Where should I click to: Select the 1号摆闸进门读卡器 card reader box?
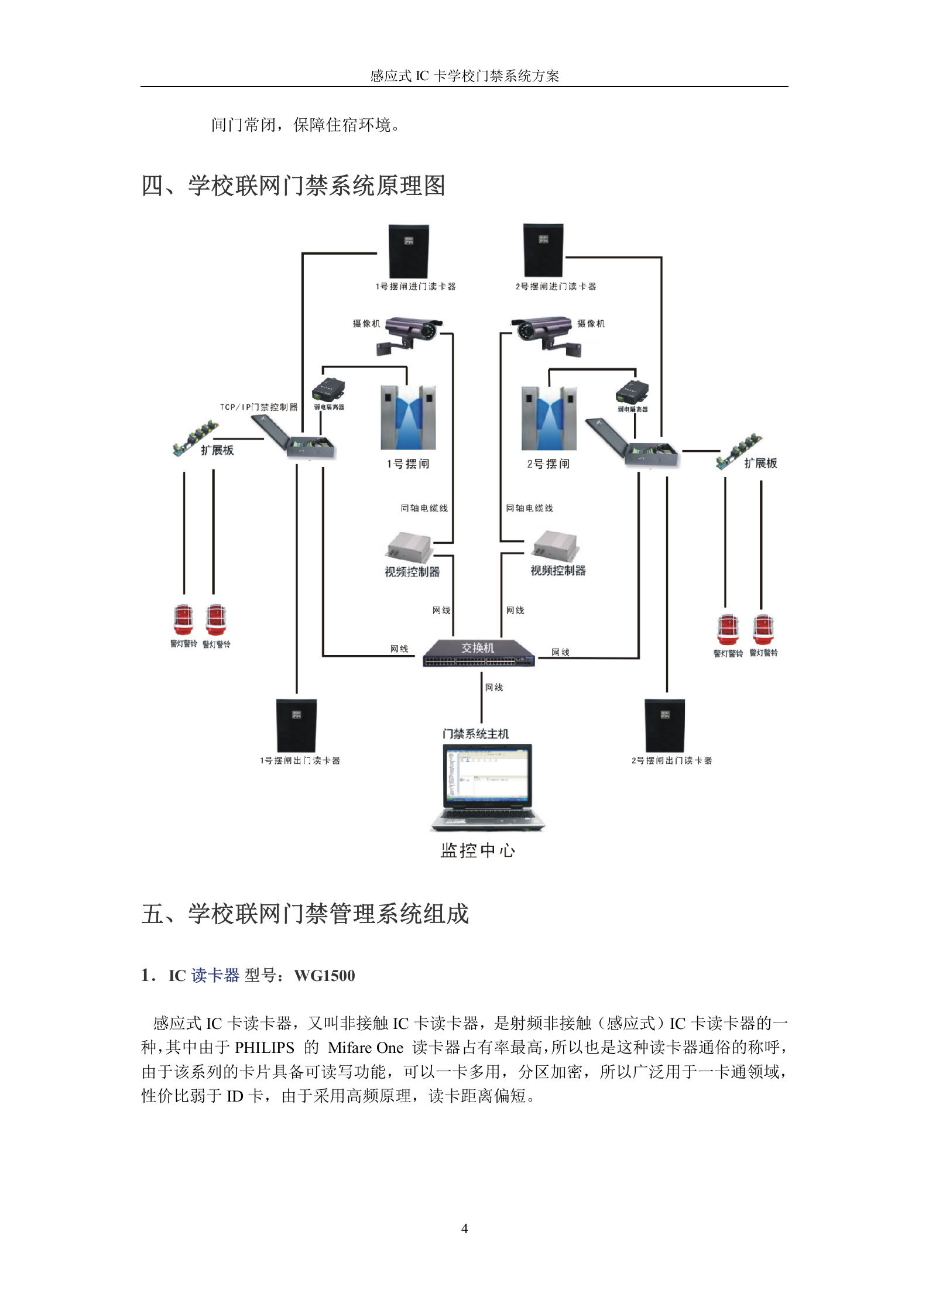(x=409, y=251)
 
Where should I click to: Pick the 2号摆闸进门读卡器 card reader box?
(x=543, y=250)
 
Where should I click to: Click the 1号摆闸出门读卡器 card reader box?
(x=296, y=725)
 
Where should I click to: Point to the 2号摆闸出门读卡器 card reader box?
(x=664, y=725)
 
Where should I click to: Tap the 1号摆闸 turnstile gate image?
(x=408, y=417)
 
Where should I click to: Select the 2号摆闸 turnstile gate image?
(x=549, y=418)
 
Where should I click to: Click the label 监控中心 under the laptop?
(x=478, y=850)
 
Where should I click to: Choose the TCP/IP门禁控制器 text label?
(x=258, y=407)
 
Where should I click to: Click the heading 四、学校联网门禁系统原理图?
(x=293, y=186)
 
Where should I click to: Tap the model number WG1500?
(x=324, y=976)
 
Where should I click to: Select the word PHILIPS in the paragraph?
(x=264, y=1048)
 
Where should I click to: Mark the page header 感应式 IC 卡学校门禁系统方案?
(x=464, y=76)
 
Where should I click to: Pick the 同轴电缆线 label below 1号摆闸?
(x=424, y=508)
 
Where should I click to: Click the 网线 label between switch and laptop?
(x=494, y=687)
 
